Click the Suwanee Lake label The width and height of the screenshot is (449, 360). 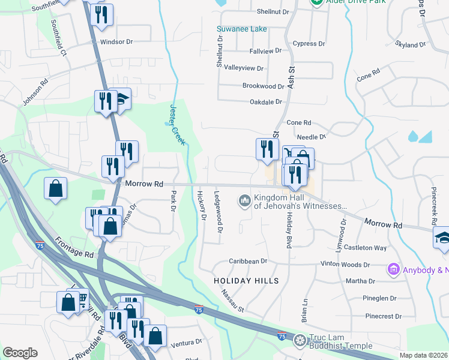tap(243, 29)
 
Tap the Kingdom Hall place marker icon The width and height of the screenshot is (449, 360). tap(244, 200)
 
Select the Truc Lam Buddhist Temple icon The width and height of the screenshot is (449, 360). tap(300, 341)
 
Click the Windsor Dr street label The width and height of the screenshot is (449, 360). tap(116, 42)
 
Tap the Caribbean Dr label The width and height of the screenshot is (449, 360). tap(247, 261)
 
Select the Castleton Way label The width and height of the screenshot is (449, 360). tap(369, 247)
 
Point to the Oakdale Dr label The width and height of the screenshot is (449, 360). tap(266, 102)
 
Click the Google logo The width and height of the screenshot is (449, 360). tap(20, 353)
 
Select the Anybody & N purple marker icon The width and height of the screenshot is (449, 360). tap(394, 269)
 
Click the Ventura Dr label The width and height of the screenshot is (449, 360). tap(186, 342)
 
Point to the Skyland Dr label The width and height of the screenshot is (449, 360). tap(411, 44)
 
